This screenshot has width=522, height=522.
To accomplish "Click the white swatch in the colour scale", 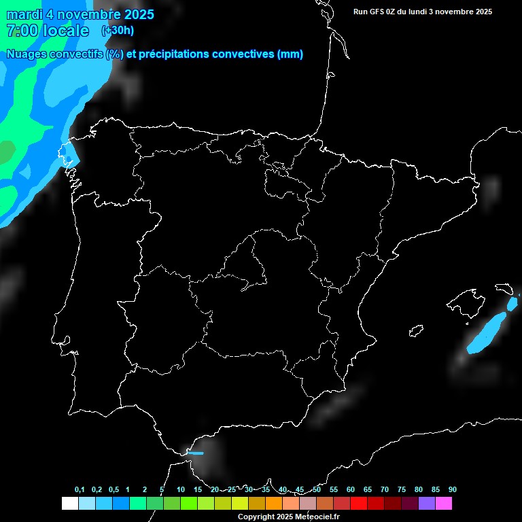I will (x=69, y=503).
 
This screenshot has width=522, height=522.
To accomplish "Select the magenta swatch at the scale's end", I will (x=444, y=503).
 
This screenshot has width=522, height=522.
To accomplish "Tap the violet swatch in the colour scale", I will (x=427, y=503).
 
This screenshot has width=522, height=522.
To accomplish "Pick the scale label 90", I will (x=452, y=489).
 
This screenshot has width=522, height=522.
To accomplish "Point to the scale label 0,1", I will (x=80, y=489).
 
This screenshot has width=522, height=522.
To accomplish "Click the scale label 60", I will (x=351, y=489).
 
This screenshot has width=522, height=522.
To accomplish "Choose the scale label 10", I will (x=181, y=489).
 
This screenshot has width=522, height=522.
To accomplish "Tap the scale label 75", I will (x=402, y=489).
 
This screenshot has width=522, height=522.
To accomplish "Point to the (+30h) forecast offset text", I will (x=118, y=31).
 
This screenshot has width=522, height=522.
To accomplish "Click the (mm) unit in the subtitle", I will (x=290, y=54).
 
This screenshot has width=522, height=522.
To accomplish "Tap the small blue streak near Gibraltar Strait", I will (x=196, y=453).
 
